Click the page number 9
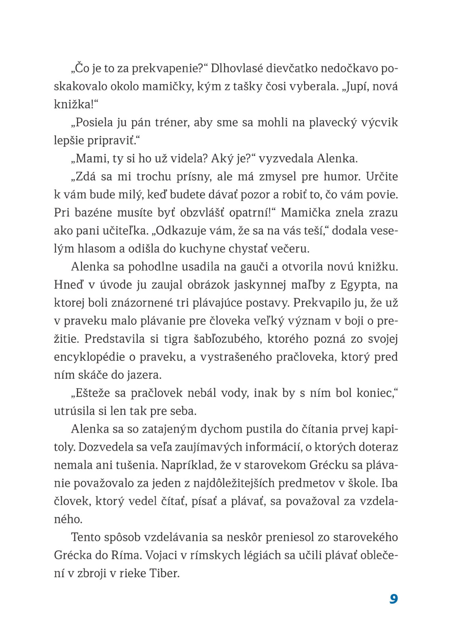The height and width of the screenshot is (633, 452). tap(393, 599)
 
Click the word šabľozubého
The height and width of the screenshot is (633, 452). tap(227, 339)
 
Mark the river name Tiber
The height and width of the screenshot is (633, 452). tap(165, 573)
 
